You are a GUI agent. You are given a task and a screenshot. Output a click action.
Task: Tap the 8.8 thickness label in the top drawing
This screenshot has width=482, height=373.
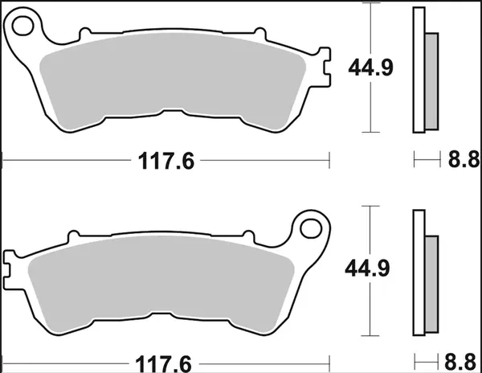point(457,161)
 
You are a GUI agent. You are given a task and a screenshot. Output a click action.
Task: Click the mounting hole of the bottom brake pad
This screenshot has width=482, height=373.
point(309,228)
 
